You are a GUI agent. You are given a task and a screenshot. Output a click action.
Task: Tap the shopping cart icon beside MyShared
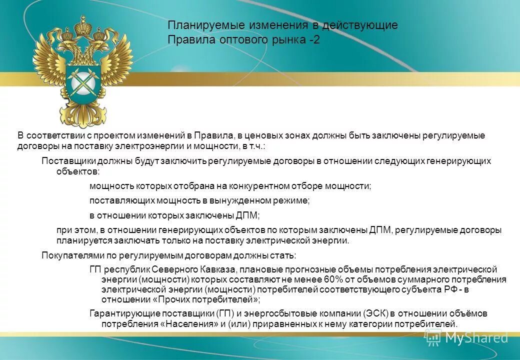tap(433, 337)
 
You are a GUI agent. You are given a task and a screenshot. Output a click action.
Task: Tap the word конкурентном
tap(259, 186)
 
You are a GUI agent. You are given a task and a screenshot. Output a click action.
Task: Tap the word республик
tap(122, 269)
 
